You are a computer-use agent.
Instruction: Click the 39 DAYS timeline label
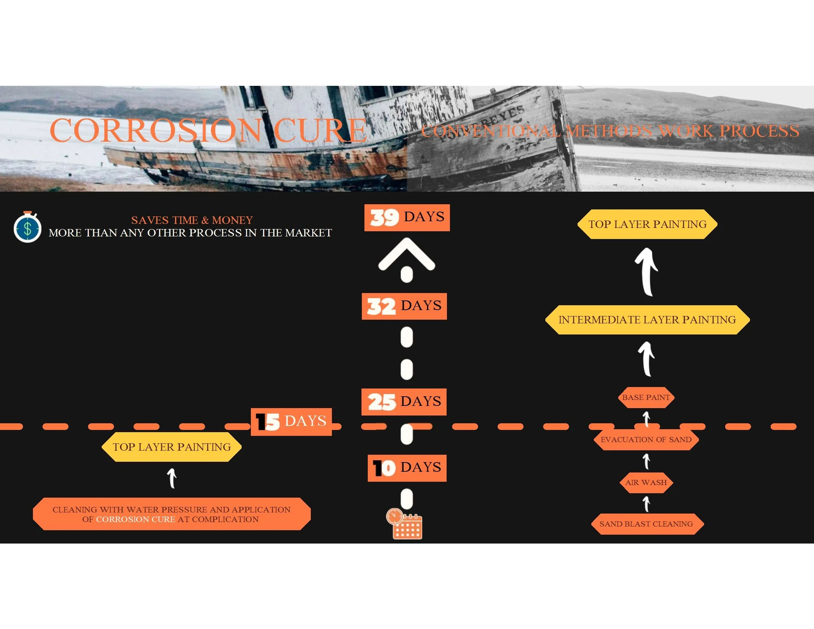(x=407, y=218)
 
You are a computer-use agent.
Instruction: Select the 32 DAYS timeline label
(x=404, y=306)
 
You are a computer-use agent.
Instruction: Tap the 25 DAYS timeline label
(x=404, y=402)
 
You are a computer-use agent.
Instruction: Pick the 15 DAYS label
(x=291, y=421)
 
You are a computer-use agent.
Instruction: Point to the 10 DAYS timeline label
(x=407, y=468)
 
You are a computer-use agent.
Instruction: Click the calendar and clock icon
(x=404, y=524)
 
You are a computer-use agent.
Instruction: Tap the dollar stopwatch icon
(x=27, y=227)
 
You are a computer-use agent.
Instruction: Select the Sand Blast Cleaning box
(x=646, y=524)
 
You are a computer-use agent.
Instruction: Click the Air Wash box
(x=646, y=482)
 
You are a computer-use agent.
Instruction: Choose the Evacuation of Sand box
(x=646, y=440)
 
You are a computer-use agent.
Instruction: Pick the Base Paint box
(x=646, y=397)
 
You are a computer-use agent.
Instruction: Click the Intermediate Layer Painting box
(x=647, y=320)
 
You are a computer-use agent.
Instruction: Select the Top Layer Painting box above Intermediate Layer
(x=647, y=224)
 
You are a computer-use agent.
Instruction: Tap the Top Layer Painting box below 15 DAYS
(x=171, y=447)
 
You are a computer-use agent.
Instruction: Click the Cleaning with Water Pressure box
(x=171, y=514)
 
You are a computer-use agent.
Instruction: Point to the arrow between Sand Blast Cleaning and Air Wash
(x=647, y=504)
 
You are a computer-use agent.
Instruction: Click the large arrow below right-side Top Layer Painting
(x=647, y=272)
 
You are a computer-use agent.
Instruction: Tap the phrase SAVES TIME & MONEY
(x=192, y=220)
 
